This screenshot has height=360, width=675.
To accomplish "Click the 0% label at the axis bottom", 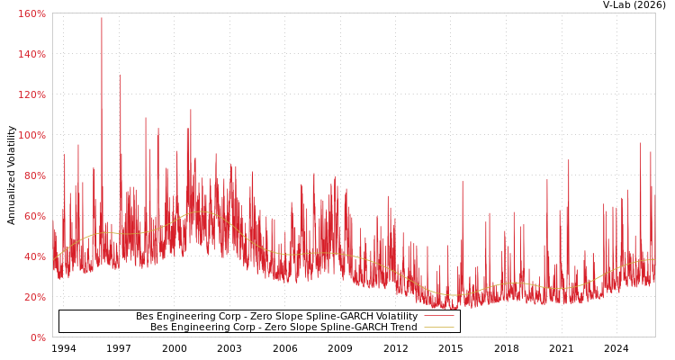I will tap(37, 338).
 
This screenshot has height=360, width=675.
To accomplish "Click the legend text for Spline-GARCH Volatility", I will tap(276, 317).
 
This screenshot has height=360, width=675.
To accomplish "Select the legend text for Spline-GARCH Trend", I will tap(283, 328).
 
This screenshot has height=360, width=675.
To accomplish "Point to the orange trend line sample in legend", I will tap(438, 328).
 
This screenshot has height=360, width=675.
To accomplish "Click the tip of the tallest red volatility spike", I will tap(102, 18).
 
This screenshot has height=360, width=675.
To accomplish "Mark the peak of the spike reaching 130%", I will tap(121, 75).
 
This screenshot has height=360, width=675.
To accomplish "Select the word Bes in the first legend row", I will tap(145, 317).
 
